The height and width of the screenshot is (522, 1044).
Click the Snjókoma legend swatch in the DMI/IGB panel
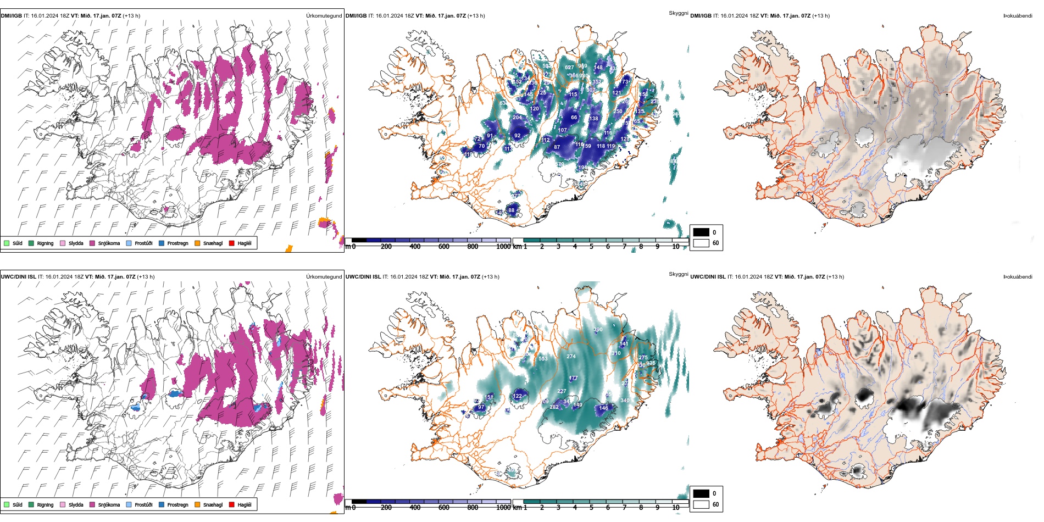click(92, 243)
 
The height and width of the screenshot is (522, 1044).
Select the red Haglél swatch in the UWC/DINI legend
click(232, 504)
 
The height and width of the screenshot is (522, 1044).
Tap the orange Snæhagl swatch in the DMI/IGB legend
click(197, 243)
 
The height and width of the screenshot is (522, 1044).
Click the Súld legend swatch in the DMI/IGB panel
click(7, 243)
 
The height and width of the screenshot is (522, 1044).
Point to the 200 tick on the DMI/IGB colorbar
click(386, 246)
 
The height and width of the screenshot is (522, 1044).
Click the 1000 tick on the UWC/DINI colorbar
click(503, 507)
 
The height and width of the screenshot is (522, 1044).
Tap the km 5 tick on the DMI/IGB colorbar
click(591, 246)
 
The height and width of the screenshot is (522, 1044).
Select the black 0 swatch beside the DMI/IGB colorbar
click(701, 232)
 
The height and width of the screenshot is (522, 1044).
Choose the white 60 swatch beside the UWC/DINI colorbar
click(701, 504)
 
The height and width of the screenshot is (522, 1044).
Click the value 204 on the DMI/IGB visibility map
click(517, 118)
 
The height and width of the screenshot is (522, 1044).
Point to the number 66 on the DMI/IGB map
click(574, 118)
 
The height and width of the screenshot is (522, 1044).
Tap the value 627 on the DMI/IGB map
click(569, 68)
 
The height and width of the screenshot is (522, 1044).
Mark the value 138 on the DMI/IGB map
click(593, 119)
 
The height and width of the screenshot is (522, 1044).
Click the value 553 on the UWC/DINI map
click(543, 359)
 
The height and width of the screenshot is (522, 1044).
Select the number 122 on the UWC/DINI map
click(517, 396)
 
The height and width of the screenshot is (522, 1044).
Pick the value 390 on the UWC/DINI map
click(598, 330)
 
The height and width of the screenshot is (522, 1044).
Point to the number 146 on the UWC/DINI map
click(604, 408)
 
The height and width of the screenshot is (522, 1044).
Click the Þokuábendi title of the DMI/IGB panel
click(1018, 16)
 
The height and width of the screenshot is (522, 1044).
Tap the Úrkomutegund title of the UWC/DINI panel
click(324, 277)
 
